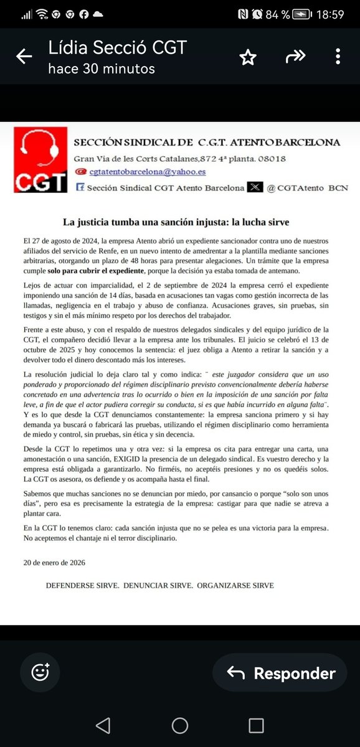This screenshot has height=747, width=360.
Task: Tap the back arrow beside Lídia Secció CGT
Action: pos(24,57)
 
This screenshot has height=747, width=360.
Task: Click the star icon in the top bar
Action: pos(248,57)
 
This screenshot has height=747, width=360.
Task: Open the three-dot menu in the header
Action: pos(338,57)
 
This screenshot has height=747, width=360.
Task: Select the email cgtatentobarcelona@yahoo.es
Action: pos(148,172)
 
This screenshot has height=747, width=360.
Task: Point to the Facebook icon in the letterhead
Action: pos(80,187)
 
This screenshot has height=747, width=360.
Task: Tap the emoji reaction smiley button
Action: pos(41,673)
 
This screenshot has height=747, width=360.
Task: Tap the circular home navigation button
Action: pos(180,725)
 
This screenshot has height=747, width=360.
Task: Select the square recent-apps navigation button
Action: pos(256,725)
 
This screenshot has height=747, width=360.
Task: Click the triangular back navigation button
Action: pos(103,725)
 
